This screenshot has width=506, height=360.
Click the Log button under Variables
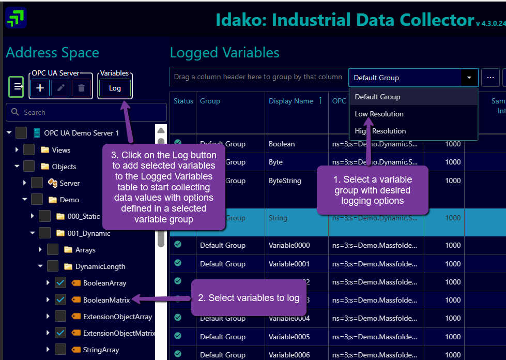pos(115,88)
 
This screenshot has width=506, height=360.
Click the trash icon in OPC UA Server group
pos(81,88)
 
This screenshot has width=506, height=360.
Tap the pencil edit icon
pos(61,88)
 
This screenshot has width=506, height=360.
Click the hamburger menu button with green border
pos(17,87)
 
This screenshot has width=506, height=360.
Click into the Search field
pos(86,112)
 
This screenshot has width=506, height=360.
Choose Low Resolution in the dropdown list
pos(379,114)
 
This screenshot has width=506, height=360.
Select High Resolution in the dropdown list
pos(380,131)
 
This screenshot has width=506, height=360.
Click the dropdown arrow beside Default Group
pos(469,78)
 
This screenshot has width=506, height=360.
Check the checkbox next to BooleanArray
pos(60,283)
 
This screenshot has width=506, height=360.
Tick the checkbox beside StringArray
pos(60,350)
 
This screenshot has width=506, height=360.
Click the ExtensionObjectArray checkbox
pos(60,317)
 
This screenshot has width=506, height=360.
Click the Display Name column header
pos(291,101)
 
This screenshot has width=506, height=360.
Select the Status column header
pos(183,101)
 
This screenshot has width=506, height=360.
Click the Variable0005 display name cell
pos(289,337)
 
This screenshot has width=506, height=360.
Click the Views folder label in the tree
pos(61,150)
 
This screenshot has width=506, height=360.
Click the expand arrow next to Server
pos(24,183)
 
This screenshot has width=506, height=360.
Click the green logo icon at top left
pos(16,18)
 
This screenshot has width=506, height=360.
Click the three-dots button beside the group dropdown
pos(490,78)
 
